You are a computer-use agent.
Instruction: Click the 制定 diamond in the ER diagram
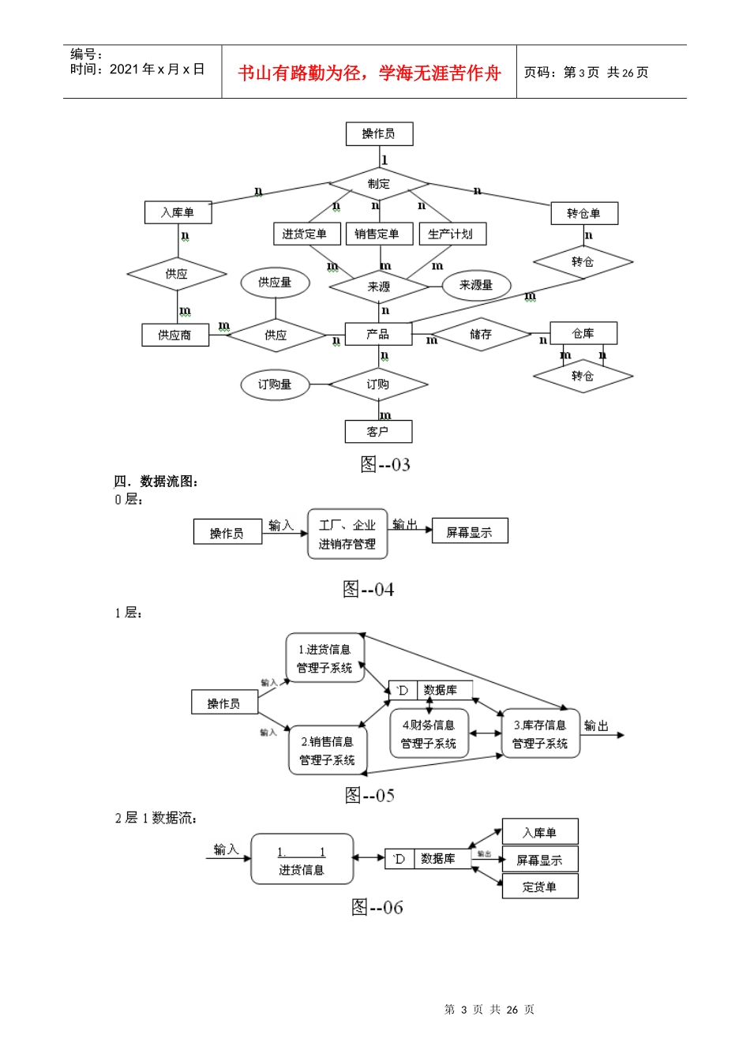379,184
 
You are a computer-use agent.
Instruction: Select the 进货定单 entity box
306,234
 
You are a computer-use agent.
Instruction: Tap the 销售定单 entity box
377,234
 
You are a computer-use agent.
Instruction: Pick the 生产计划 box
452,234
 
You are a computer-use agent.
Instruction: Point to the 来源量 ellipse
476,285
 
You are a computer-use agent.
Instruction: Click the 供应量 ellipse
275,282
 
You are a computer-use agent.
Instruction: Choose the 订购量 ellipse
275,384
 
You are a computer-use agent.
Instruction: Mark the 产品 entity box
378,334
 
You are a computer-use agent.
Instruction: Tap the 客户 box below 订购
378,431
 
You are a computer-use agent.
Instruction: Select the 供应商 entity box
174,335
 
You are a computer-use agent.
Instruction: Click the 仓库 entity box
583,333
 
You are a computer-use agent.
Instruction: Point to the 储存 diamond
481,335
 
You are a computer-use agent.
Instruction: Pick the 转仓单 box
583,213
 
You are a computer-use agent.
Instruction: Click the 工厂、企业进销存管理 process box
347,534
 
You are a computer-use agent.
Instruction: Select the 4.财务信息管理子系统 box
429,734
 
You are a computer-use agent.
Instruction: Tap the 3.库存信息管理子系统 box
541,734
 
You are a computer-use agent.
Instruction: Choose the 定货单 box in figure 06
540,887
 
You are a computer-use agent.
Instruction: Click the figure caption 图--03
385,464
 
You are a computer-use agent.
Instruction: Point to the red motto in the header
369,73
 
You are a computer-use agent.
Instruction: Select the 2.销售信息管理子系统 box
328,751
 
